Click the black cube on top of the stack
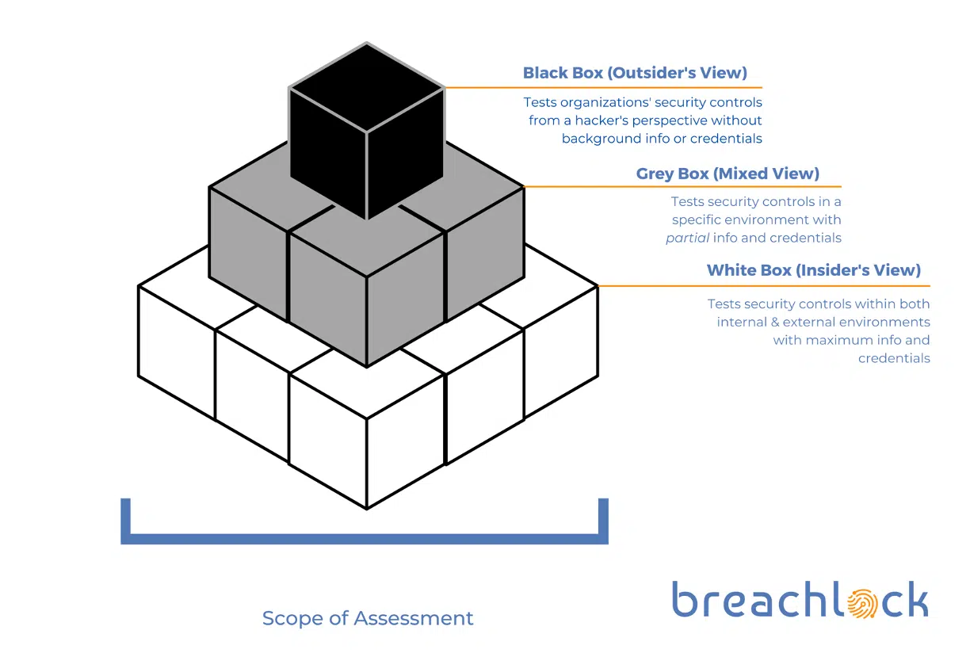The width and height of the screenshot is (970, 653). pos(366,131)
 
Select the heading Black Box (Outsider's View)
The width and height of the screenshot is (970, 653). pos(635,73)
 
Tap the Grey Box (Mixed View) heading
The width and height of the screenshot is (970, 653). pos(727,173)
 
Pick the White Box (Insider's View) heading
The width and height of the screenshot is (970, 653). pos(813,270)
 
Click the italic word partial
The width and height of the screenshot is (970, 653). pos(687,238)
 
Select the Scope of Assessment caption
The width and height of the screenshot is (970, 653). pos(368,618)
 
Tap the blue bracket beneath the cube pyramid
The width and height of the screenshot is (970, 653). pos(365,538)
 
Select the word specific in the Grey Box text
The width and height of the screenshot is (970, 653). pos(699,220)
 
